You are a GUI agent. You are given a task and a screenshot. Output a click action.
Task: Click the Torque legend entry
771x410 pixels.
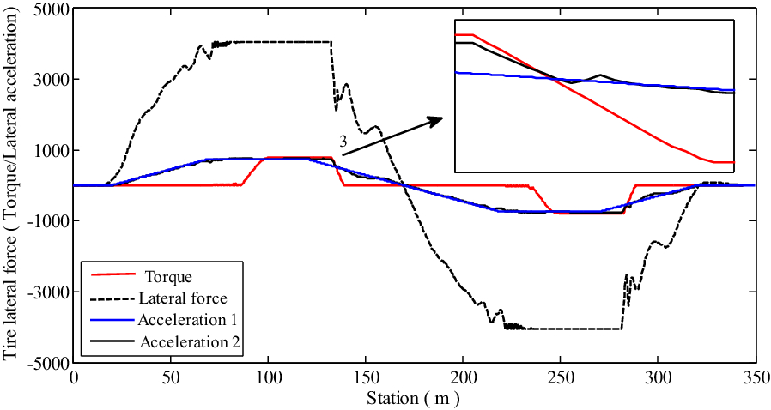tap(168, 277)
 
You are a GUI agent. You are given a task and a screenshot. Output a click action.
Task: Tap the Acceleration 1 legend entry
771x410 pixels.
tap(186, 320)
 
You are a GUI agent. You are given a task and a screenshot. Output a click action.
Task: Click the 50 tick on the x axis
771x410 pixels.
tap(171, 378)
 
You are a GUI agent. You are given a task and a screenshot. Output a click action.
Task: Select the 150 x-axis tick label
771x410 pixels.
tap(366, 378)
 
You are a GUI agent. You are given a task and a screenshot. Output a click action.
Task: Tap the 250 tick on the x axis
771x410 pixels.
tap(560, 378)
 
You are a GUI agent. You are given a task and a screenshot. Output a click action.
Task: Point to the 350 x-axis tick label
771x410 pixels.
tap(754, 378)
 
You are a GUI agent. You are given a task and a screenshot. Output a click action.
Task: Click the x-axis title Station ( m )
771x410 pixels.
tap(413, 399)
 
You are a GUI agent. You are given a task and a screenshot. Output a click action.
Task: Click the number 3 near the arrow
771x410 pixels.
tap(343, 143)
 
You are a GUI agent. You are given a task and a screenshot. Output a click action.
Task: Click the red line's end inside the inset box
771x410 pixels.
tap(733, 162)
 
